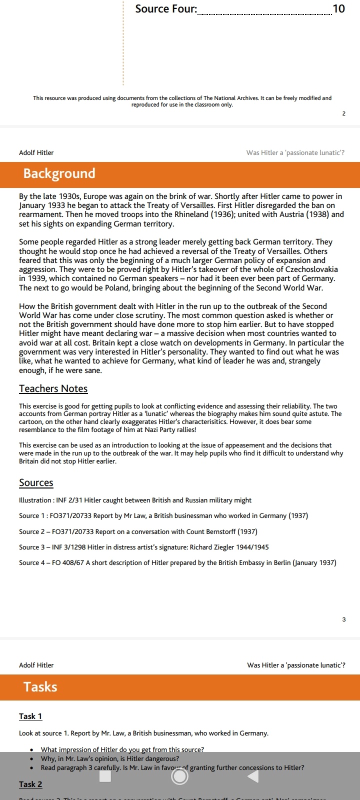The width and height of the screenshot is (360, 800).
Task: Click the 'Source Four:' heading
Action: [166, 9]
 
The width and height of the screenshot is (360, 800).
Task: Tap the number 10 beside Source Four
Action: [338, 9]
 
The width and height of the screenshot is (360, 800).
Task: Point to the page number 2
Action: [343, 113]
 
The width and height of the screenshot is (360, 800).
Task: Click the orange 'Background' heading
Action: [59, 173]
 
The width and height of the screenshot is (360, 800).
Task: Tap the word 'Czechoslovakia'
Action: [311, 269]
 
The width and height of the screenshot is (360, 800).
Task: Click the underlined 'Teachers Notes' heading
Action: [53, 388]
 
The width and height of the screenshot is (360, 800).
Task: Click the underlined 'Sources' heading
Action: [36, 482]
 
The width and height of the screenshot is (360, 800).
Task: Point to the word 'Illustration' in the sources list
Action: [35, 500]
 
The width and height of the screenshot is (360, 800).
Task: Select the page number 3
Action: [343, 619]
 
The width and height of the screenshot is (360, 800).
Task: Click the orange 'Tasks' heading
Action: [40, 687]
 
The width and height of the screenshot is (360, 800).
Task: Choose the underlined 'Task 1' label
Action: [30, 716]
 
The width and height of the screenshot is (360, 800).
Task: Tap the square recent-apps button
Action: [105, 776]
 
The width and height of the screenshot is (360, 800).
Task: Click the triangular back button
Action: [253, 776]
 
